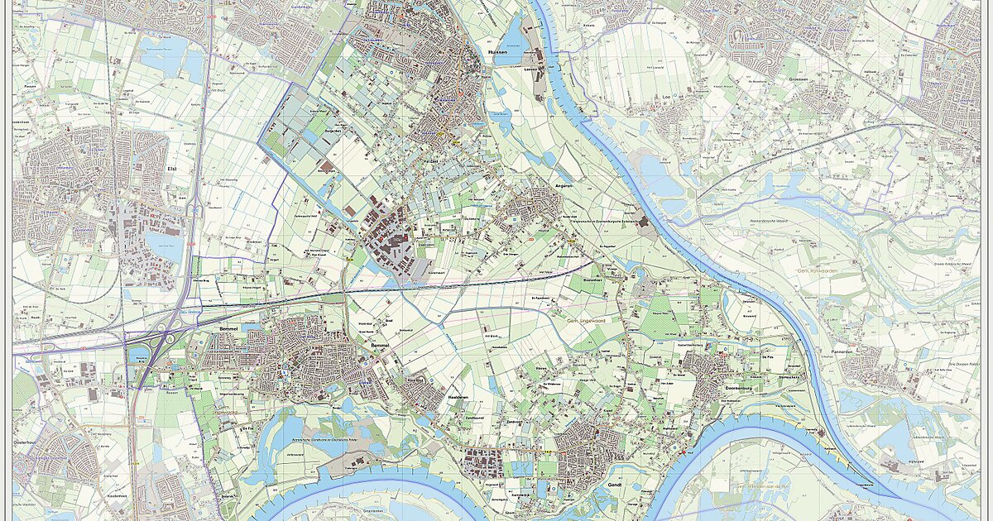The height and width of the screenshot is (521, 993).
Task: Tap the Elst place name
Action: tap(173, 169)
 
